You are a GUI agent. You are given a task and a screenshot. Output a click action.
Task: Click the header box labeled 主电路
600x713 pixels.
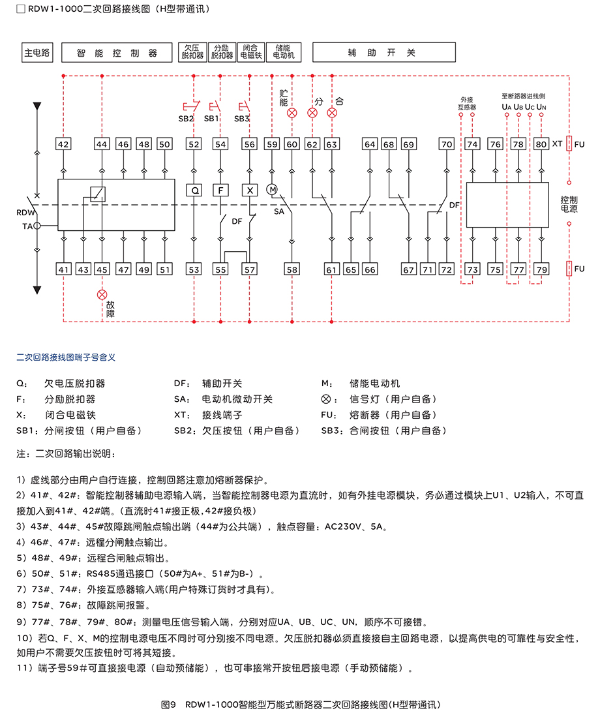point(37,53)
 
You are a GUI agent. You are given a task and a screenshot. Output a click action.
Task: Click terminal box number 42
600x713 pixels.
point(63,144)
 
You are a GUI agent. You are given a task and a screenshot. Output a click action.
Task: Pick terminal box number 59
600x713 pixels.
point(272,144)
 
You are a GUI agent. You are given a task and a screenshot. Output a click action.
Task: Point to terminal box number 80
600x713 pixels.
point(541,144)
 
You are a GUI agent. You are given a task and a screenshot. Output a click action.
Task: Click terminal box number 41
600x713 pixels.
point(63,269)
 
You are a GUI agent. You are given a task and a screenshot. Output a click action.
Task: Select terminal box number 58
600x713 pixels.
point(292,269)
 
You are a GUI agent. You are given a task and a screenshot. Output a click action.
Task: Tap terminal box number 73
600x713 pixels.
point(473,269)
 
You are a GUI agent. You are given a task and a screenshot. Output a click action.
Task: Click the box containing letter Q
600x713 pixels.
point(194,190)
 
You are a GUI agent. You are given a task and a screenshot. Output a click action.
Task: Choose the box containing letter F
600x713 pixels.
point(221,190)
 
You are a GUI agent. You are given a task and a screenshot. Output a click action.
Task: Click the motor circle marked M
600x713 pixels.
point(273,189)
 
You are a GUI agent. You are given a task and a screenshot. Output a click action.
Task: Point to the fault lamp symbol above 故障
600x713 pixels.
point(102,295)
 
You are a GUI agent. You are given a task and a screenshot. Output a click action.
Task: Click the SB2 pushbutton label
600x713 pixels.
point(187,119)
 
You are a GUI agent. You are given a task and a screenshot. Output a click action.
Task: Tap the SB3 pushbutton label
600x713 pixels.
point(241,119)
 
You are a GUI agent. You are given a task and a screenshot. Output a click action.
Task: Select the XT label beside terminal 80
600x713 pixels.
point(557,144)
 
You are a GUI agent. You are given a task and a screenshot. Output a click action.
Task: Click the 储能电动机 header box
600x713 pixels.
point(284,52)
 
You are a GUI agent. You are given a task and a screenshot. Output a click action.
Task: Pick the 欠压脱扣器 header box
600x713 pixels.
point(192,52)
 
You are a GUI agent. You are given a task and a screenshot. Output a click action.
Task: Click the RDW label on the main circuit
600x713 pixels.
point(23,213)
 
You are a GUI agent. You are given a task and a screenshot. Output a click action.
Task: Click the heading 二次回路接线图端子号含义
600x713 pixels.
point(66,357)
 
